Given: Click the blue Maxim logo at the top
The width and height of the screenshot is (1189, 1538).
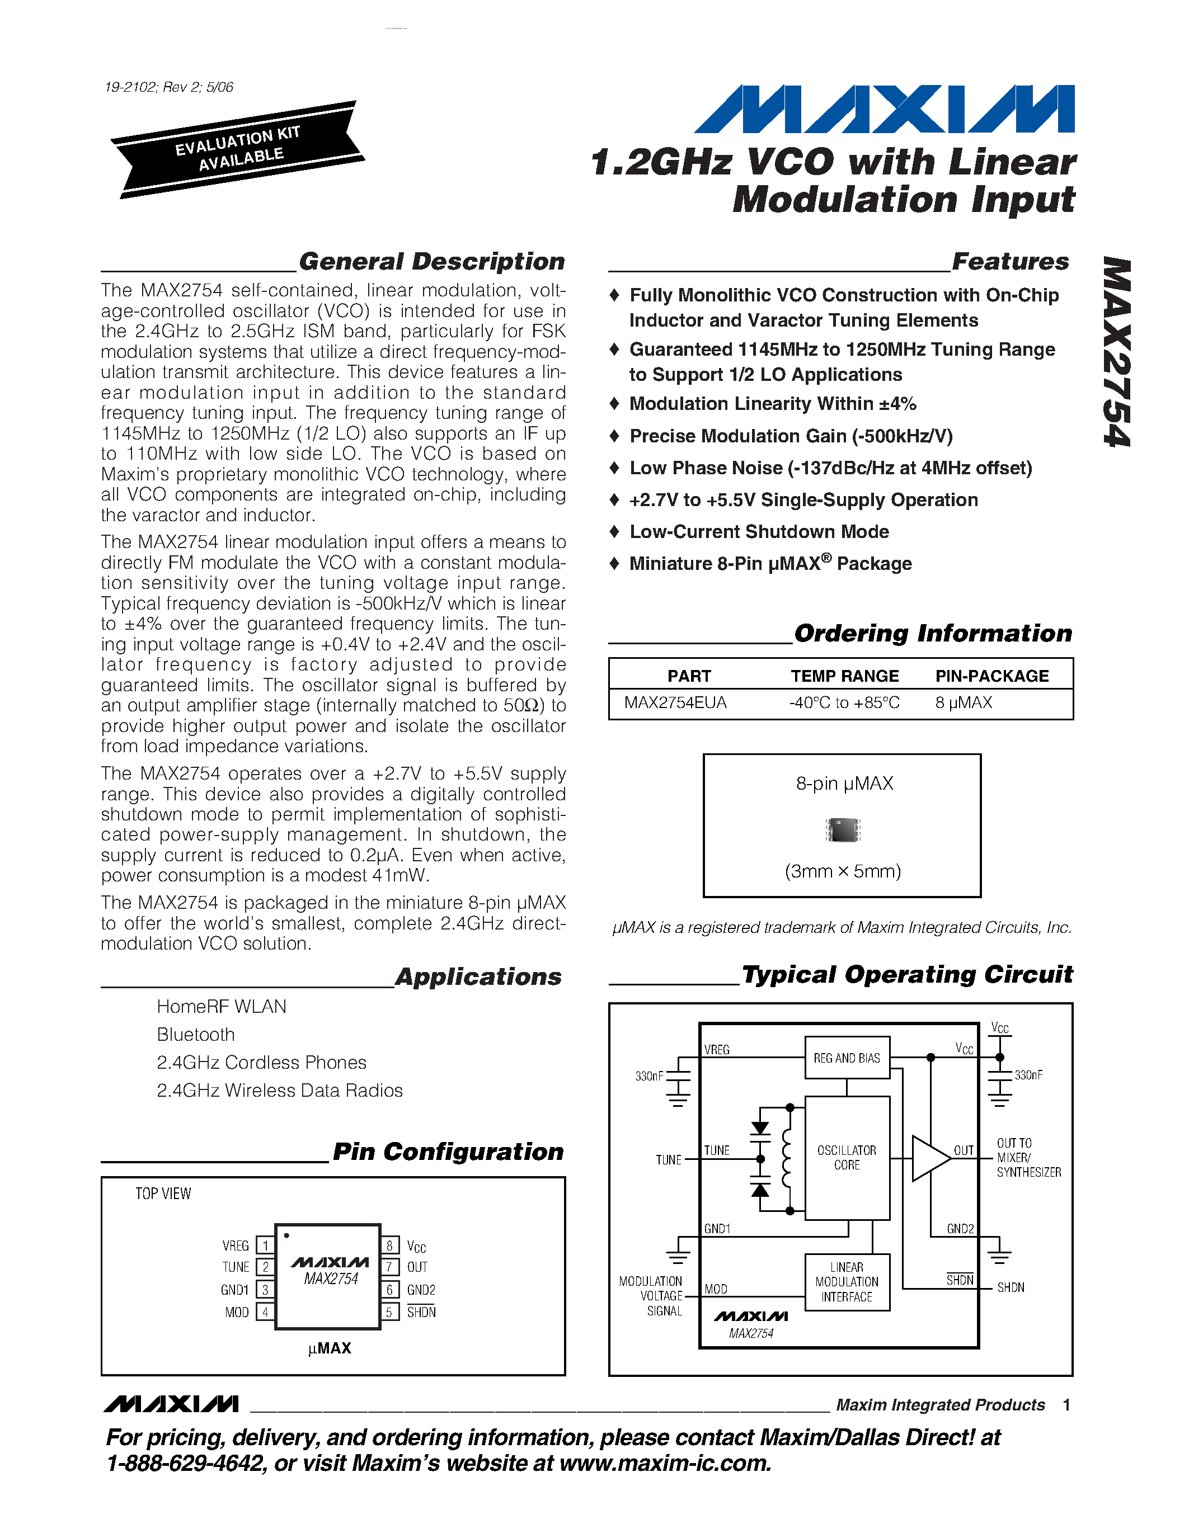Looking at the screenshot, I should [884, 109].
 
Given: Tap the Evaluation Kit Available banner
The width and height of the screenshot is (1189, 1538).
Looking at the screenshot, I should [238, 149].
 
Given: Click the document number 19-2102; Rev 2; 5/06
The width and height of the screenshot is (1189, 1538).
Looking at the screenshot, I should [169, 87].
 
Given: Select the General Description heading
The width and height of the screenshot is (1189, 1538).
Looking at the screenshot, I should [431, 261].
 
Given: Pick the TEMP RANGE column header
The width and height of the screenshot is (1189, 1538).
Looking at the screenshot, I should [844, 676].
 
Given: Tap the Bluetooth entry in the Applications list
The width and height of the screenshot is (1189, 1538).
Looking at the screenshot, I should [196, 1035].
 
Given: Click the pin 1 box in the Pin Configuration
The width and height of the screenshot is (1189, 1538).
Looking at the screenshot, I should [265, 1246].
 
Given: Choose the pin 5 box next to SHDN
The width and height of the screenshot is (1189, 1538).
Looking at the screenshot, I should [389, 1312].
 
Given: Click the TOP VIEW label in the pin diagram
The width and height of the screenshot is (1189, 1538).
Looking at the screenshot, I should [163, 1193].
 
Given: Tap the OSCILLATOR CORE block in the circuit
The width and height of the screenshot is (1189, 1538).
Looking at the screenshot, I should [847, 1158].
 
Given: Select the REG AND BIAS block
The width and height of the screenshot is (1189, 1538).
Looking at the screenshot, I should [847, 1058].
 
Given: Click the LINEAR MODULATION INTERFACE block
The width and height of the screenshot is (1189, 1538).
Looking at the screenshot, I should [847, 1282].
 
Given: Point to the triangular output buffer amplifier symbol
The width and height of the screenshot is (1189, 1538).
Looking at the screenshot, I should [929, 1158].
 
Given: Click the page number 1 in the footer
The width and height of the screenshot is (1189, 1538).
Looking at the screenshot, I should [1066, 1405].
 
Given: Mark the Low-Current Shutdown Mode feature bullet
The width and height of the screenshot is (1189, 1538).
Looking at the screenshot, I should [759, 532].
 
